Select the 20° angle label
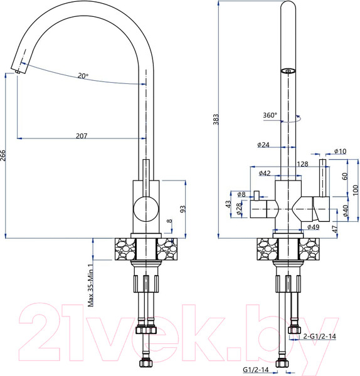[83, 76]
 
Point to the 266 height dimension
[4, 156]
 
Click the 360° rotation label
[270, 115]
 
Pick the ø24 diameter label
[263, 145]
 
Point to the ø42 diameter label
[263, 174]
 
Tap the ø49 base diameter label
[314, 227]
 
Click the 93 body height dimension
[183, 208]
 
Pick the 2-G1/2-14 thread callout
[319, 336]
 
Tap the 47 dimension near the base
[335, 228]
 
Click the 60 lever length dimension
[344, 176]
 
